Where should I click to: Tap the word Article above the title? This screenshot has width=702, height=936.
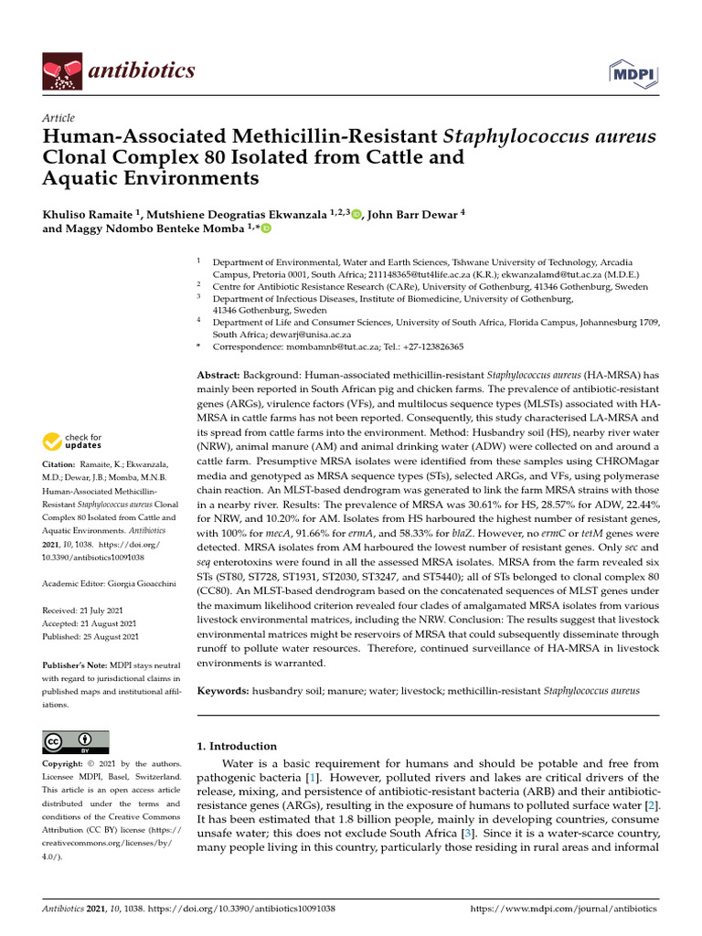tap(58, 118)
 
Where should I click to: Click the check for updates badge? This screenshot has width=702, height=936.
tap(71, 442)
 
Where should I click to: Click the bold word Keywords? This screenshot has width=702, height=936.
tap(225, 691)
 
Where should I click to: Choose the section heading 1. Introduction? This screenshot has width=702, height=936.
tap(237, 746)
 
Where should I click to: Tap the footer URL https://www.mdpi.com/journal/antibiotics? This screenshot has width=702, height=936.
tap(563, 909)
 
